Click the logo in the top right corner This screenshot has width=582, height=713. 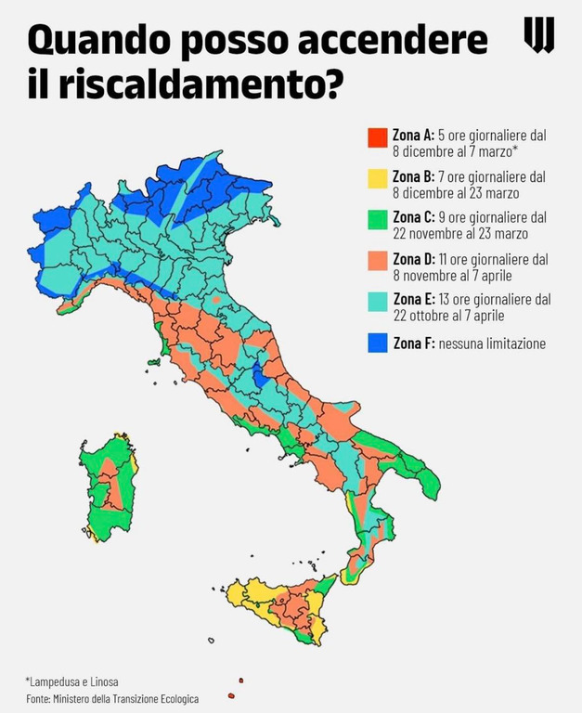click(x=539, y=35)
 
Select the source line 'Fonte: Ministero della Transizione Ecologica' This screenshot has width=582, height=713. click(x=112, y=698)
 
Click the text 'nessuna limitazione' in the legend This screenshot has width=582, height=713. click(x=492, y=344)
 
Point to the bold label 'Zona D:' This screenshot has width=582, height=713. click(x=415, y=259)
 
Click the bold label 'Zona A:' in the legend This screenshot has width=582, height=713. click(x=415, y=135)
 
